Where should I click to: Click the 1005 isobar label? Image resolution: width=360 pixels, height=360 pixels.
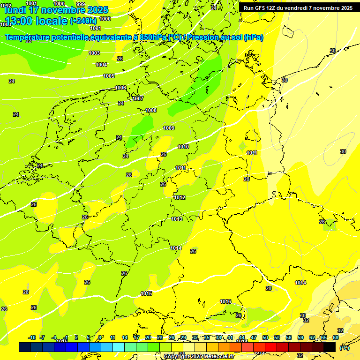tap(109, 76)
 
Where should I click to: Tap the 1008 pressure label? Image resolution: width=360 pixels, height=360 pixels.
tap(151, 110)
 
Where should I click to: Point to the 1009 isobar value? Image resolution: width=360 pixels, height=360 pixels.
tap(169, 128)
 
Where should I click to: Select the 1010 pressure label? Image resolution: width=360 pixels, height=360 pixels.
tap(183, 147)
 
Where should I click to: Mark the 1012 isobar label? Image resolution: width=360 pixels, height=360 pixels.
tap(180, 197)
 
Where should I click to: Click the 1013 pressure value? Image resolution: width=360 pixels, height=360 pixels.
tap(177, 219)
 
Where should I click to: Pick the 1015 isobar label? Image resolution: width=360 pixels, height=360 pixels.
tap(146, 293)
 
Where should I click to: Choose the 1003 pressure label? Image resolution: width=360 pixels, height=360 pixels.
tap(94, 53)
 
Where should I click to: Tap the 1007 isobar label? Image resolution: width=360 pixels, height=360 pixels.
tap(138, 98)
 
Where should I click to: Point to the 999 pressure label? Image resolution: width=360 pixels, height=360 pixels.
tap(80, 4)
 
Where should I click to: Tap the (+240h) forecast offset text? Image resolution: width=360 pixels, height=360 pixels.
tap(83, 21)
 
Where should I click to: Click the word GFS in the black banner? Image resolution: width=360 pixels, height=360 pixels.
tap(261, 8)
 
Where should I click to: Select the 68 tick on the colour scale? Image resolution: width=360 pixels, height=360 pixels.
tap(336, 337)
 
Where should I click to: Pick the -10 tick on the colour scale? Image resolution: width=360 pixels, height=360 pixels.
tap(32, 337)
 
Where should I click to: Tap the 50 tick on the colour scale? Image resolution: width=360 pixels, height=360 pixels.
tap(265, 337)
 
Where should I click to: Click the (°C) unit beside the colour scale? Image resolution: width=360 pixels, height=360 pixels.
tap(344, 348)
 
